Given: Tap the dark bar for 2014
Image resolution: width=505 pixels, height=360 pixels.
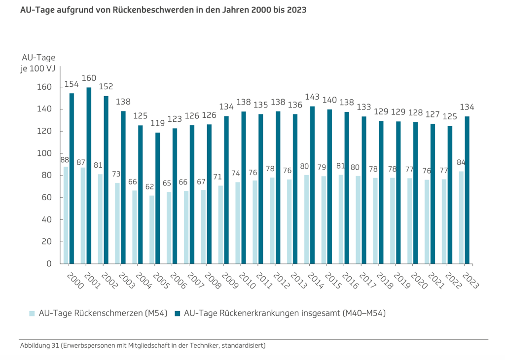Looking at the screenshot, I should (312, 185).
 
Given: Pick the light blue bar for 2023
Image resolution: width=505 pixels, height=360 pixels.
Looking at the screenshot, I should (462, 217).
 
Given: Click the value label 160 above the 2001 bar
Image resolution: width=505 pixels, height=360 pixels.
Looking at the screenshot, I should (89, 78).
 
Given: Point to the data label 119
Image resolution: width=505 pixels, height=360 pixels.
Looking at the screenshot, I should (158, 123).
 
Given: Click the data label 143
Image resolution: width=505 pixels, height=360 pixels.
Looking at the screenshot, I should (313, 97).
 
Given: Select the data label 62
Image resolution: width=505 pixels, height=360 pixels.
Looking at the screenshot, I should (149, 187).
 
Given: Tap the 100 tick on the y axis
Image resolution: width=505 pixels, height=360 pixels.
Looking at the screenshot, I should (45, 153).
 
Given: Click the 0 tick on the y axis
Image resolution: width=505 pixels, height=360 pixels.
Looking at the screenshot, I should (49, 264).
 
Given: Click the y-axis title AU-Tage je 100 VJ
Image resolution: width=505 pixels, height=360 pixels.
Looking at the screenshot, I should (38, 63).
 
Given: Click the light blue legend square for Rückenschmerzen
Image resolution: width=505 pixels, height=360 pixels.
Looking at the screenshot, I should (32, 313).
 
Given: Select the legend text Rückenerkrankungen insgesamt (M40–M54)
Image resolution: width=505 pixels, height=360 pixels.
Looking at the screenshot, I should (285, 313).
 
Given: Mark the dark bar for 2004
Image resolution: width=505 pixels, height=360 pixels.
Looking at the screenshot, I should (141, 194).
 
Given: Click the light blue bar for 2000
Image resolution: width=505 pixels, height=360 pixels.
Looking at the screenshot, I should (66, 215).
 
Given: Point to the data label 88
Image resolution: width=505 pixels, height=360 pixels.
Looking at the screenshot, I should (65, 160).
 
